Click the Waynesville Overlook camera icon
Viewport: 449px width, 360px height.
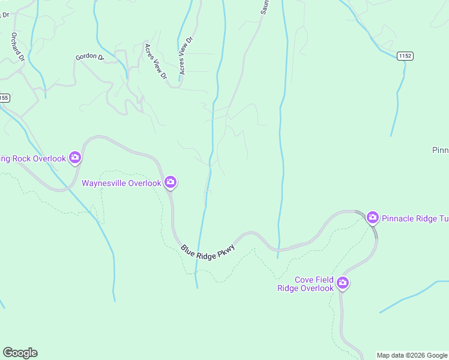pyautogui.click(x=170, y=182)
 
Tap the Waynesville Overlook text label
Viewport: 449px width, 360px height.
pyautogui.click(x=121, y=183)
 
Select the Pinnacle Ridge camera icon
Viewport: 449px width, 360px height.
pyautogui.click(x=372, y=217)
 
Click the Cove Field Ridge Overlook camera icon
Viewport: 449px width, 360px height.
pyautogui.click(x=343, y=283)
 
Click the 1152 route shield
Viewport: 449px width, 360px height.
pyautogui.click(x=405, y=56)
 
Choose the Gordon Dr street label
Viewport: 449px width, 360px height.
pyautogui.click(x=89, y=57)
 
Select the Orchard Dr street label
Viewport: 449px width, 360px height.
pyautogui.click(x=16, y=47)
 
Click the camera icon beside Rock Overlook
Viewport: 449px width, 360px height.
pyautogui.click(x=75, y=158)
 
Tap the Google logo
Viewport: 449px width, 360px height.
pyautogui.click(x=20, y=353)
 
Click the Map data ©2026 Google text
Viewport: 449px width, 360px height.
pyautogui.click(x=412, y=355)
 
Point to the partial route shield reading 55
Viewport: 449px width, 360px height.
pyautogui.click(x=4, y=97)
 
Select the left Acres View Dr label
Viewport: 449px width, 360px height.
pyautogui.click(x=155, y=61)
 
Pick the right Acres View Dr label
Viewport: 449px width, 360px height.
pyautogui.click(x=185, y=56)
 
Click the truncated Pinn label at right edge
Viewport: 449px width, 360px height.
pyautogui.click(x=440, y=149)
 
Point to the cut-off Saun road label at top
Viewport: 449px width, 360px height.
pyautogui.click(x=264, y=7)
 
